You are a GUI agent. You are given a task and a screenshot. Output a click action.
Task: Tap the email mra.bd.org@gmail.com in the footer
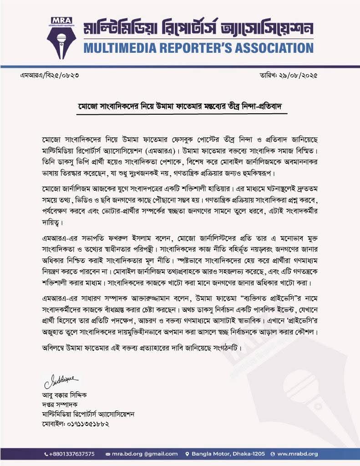pyautogui.click(x=145, y=454)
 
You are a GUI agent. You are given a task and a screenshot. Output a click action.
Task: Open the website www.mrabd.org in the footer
pyautogui.click(x=297, y=454)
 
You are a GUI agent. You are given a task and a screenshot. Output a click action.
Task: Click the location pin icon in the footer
pyautogui.click(x=187, y=454)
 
